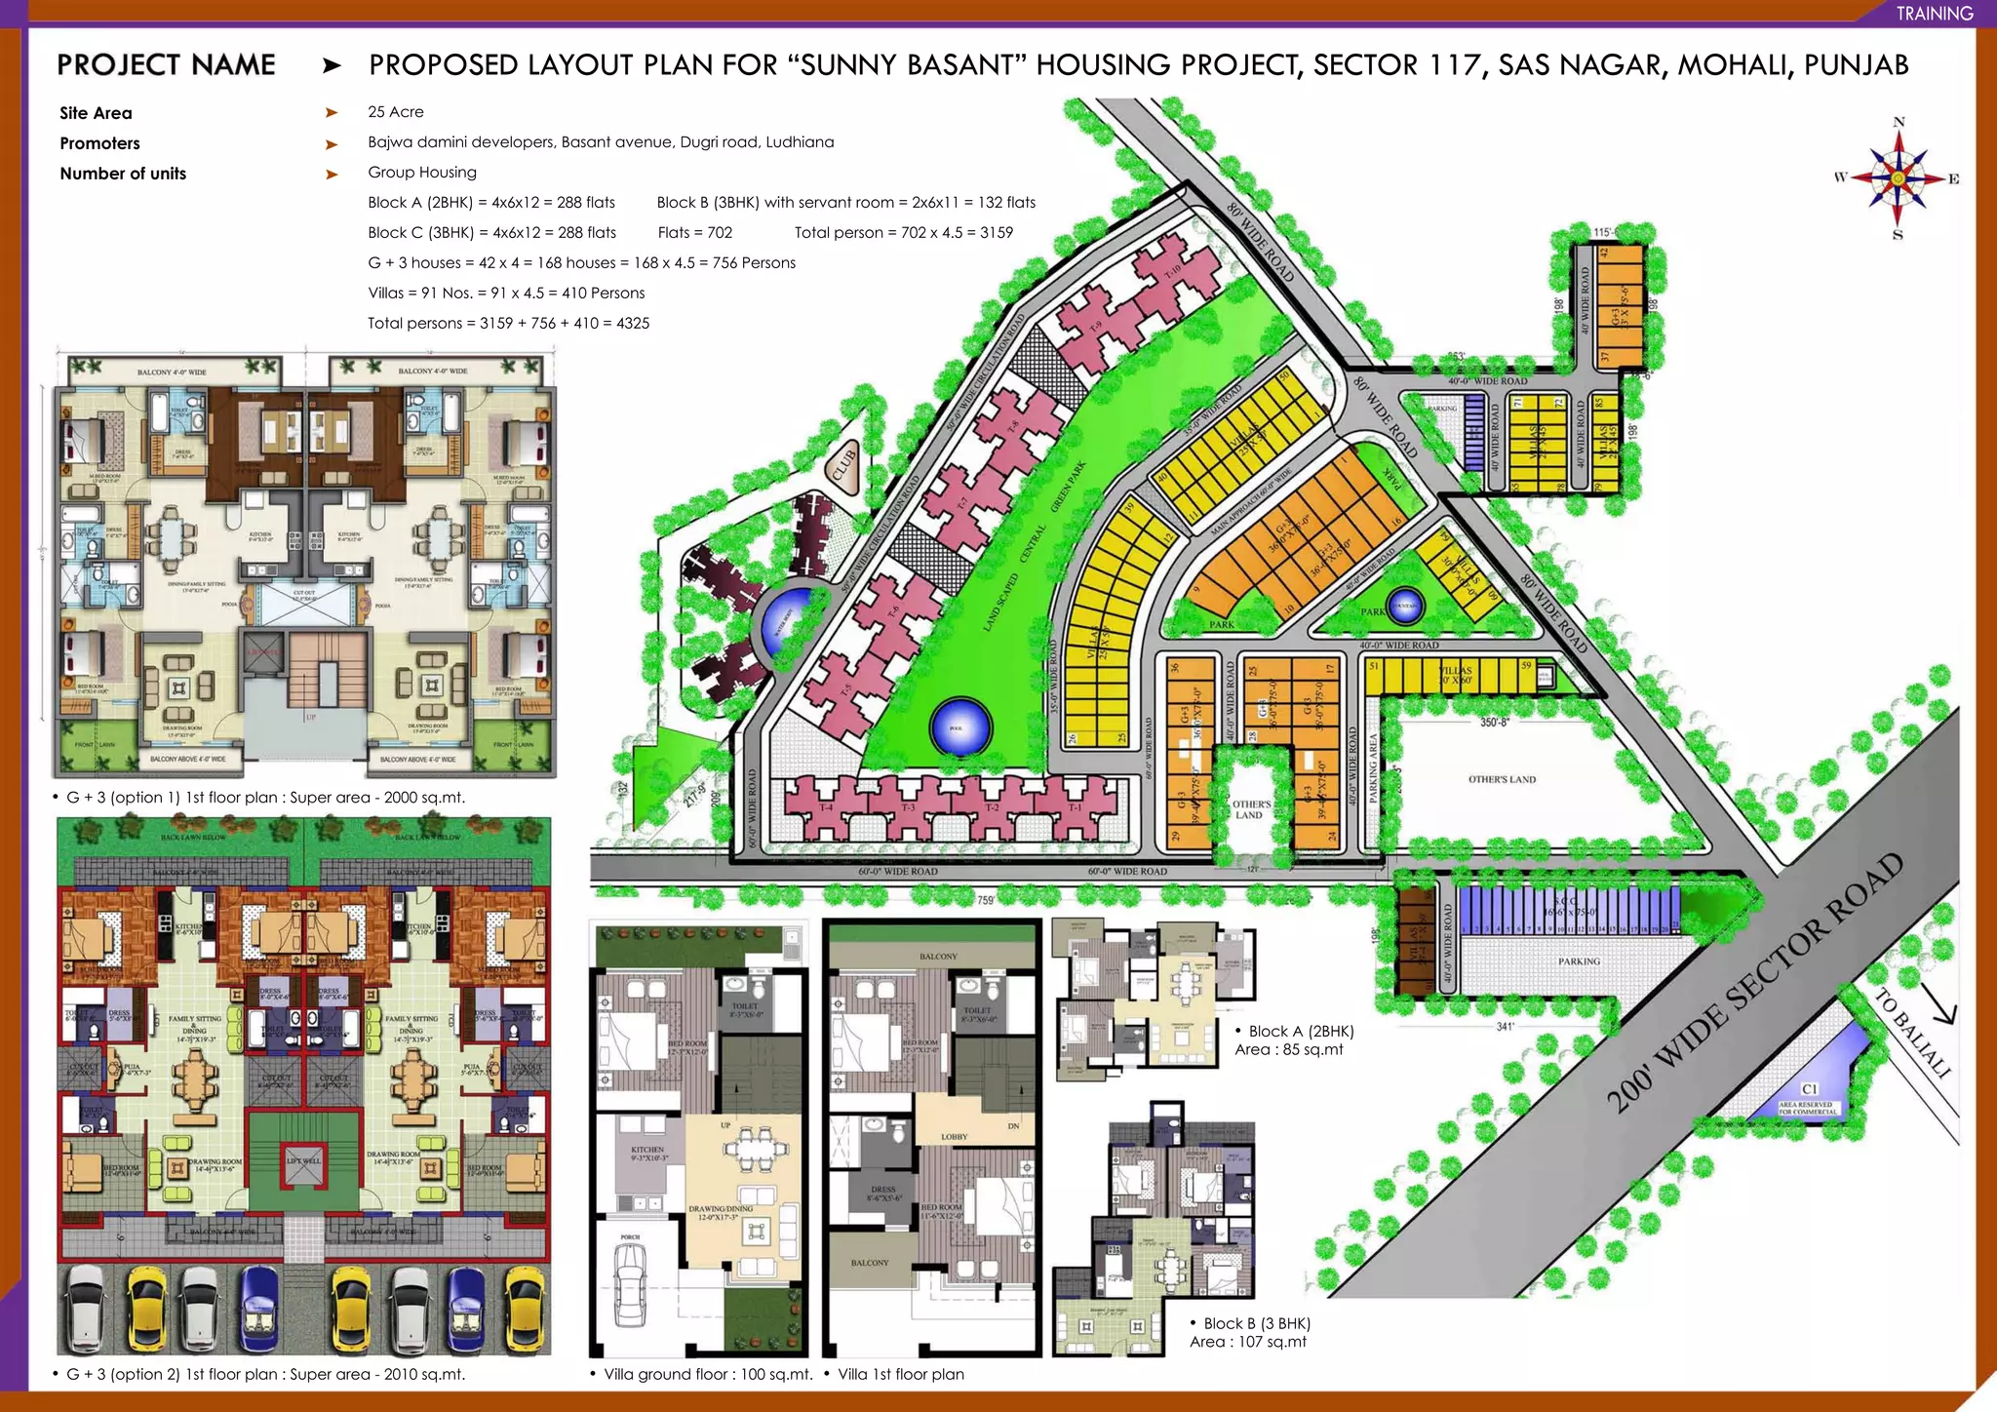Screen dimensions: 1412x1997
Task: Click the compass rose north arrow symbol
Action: point(1898,177)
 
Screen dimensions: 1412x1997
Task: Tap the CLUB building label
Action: point(843,464)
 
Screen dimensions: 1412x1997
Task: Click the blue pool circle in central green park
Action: point(960,727)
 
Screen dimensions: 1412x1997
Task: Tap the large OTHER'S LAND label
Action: point(1502,779)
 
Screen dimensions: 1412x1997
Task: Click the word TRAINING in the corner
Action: point(1935,13)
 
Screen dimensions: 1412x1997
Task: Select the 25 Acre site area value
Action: point(395,112)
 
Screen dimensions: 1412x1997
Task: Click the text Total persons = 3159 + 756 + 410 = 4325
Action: point(508,323)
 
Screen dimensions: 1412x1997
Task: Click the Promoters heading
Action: point(99,143)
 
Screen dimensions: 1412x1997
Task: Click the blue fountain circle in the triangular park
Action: point(1404,606)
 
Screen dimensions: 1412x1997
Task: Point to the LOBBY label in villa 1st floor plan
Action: point(954,1137)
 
